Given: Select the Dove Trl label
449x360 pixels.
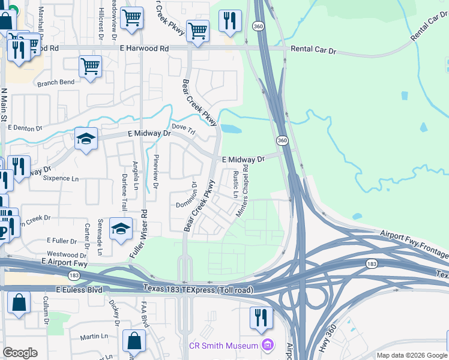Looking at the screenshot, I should pyautogui.click(x=184, y=127).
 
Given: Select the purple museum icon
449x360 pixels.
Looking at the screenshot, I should pyautogui.click(x=267, y=345).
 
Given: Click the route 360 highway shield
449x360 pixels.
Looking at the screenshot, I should pyautogui.click(x=282, y=140).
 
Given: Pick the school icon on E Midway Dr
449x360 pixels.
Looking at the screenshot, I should pyautogui.click(x=86, y=139).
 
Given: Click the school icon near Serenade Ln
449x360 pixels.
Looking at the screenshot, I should pyautogui.click(x=121, y=229).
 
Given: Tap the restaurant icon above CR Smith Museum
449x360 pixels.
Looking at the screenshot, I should pyautogui.click(x=261, y=316).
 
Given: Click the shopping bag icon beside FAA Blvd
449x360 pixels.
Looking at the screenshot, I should pyautogui.click(x=134, y=340).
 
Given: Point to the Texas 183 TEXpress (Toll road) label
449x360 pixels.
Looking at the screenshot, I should pyautogui.click(x=197, y=289).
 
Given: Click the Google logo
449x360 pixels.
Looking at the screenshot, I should pyautogui.click(x=20, y=353).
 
